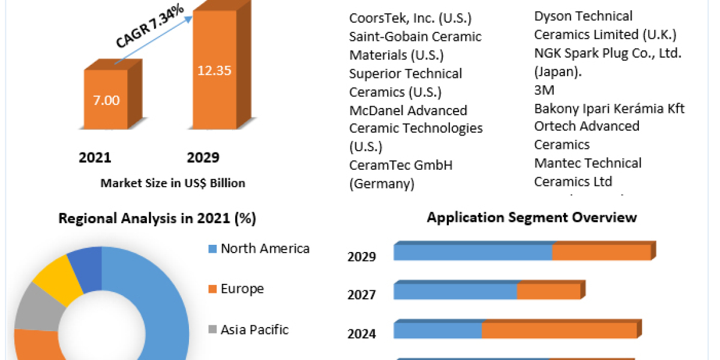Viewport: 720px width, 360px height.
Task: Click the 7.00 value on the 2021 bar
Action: click(106, 100)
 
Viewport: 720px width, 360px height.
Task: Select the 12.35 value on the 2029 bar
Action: click(214, 70)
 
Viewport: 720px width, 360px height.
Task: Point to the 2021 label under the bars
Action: click(95, 158)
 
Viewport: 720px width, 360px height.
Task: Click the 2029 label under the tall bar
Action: click(203, 158)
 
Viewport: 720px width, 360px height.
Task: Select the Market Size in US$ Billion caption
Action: click(173, 183)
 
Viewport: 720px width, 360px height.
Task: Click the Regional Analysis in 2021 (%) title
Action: click(157, 219)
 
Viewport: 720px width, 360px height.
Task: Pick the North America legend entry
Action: click(265, 248)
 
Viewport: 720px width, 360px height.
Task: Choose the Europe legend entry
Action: click(242, 289)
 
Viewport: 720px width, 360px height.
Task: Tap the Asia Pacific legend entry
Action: click(254, 329)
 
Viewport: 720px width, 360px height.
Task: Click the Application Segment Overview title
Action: click(532, 217)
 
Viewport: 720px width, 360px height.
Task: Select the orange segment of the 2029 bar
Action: click(601, 253)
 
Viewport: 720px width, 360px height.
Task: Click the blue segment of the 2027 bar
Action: click(455, 292)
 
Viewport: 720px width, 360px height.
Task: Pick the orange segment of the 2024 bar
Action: click(559, 331)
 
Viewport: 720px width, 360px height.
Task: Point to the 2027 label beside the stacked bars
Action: click(362, 295)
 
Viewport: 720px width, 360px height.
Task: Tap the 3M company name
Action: click(544, 90)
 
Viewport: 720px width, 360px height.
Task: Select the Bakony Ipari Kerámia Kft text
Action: click(609, 109)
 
